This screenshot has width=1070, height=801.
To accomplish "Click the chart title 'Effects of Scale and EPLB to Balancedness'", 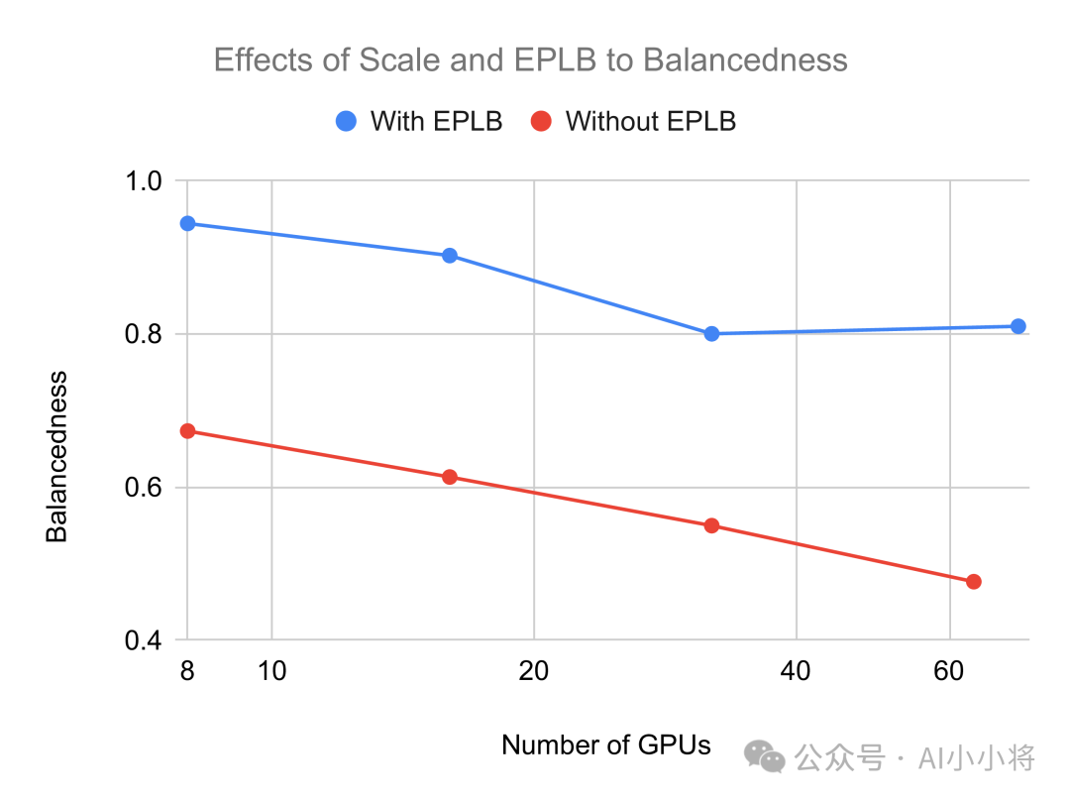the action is coord(530,60).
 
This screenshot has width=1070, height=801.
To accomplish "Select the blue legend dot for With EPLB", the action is coord(346,121).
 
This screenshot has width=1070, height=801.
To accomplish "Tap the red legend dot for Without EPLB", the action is coord(541,121).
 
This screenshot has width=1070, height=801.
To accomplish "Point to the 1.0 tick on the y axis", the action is coord(144,181).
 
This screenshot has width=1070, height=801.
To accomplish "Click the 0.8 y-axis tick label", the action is coord(144,334).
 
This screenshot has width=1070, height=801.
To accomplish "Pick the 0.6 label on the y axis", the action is coord(144,487).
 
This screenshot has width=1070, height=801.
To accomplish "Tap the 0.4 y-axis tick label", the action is coord(144,639).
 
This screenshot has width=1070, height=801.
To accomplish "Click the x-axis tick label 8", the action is coord(187,670).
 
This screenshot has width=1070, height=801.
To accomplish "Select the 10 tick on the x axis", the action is coord(271,670).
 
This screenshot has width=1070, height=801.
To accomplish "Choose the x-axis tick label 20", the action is coord(534,670).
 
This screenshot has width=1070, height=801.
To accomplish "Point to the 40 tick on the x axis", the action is coord(796,670).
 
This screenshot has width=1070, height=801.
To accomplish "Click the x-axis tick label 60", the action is coord(948,670).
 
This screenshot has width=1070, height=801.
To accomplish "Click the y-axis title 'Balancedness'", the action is coord(56,457).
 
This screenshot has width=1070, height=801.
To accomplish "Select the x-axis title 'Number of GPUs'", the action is coord(606,745).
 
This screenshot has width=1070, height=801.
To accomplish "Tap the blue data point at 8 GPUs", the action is coord(187,223).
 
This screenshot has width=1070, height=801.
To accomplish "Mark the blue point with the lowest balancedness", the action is coord(711,334).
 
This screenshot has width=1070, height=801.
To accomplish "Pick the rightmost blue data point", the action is coord(1018,326).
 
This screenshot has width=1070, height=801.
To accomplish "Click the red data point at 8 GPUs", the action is coord(187,431).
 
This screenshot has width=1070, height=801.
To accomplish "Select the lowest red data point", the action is coord(974,582).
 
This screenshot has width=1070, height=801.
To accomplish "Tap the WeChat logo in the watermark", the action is coord(764,757).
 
